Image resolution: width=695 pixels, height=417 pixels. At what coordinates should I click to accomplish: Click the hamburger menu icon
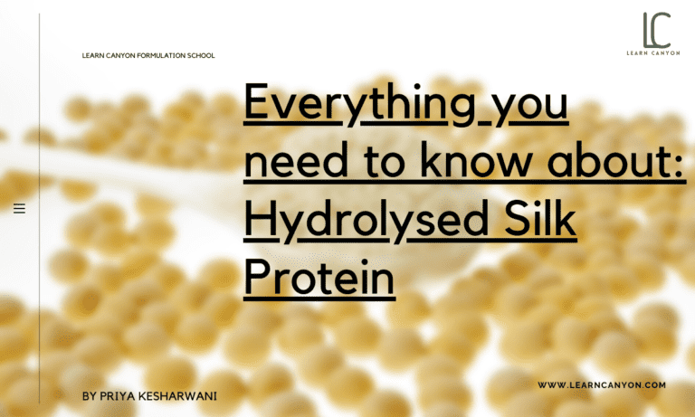click(19, 209)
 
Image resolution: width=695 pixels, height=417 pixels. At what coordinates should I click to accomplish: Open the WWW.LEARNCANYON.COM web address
click(602, 385)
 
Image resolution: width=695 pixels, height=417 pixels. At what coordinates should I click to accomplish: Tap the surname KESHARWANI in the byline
click(178, 396)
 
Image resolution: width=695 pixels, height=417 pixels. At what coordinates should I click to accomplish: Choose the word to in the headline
click(390, 166)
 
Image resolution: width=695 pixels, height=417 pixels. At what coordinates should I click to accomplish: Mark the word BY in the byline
click(88, 396)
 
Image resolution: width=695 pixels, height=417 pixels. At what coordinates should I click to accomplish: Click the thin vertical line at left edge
click(39, 208)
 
